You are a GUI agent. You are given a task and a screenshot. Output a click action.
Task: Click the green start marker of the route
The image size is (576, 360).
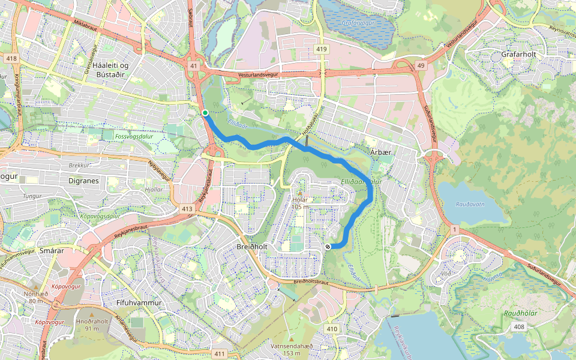[x=205, y=113]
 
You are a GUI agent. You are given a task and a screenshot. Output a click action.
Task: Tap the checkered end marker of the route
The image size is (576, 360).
[x=328, y=247]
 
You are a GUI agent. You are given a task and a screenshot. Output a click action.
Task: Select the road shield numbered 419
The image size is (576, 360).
[x=322, y=49]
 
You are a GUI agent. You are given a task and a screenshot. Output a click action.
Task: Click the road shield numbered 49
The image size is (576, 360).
[x=421, y=65]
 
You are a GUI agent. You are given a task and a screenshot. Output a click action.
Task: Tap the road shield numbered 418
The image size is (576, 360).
[x=11, y=58]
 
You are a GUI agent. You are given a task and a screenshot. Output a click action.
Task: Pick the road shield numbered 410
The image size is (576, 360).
[x=332, y=329]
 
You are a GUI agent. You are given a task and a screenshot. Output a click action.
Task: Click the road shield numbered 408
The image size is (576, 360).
[x=519, y=326]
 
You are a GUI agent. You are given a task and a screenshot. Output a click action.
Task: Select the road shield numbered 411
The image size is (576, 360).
[x=220, y=354]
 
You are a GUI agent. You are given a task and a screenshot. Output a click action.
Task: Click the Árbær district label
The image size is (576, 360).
[x=380, y=152]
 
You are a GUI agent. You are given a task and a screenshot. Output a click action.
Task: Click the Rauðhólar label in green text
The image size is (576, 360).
[x=520, y=313]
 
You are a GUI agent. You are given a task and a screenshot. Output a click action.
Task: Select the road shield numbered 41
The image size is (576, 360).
[x=193, y=66]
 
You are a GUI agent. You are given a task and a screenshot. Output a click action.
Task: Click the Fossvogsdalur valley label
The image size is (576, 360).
[x=131, y=136]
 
